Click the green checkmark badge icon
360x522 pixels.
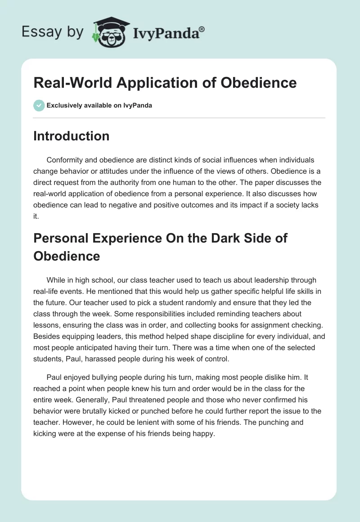coord(39,105)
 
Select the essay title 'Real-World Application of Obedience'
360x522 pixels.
coord(165,83)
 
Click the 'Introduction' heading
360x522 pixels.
coord(71,136)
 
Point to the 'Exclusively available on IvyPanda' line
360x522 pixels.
coord(99,105)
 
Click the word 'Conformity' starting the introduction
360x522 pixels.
coord(63,160)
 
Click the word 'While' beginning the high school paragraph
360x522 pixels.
coord(55,280)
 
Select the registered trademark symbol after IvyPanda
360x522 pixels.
coord(202,29)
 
